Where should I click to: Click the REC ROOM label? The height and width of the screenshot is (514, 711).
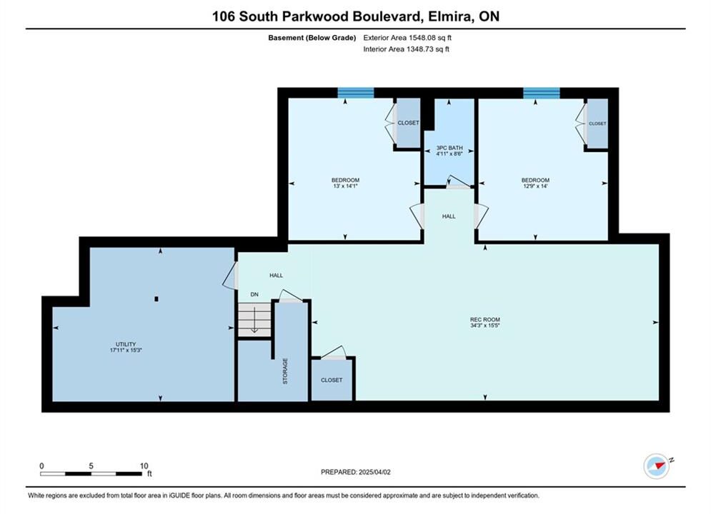(484, 320)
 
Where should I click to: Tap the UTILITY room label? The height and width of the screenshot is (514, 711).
(126, 345)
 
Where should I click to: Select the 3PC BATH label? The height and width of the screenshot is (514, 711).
(449, 148)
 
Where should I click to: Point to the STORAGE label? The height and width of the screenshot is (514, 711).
(285, 371)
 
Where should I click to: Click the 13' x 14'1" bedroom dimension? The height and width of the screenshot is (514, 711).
(346, 186)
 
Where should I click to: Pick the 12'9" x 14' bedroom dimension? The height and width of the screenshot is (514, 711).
(535, 186)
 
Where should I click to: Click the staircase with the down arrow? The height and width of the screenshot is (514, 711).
(254, 320)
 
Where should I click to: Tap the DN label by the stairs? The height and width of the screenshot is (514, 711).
(254, 294)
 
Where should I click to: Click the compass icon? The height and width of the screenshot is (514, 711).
(657, 465)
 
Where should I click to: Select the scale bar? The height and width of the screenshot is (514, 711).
(91, 474)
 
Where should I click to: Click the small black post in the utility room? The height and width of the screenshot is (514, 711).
(156, 299)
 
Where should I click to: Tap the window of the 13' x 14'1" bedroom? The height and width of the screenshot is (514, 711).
(356, 93)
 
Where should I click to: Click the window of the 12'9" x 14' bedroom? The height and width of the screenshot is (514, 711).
(542, 93)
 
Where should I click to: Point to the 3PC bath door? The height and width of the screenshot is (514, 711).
(458, 183)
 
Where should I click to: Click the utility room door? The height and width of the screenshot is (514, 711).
(231, 276)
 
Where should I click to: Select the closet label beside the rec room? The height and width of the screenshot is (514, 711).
(332, 380)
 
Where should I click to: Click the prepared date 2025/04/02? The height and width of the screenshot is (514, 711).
(374, 472)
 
